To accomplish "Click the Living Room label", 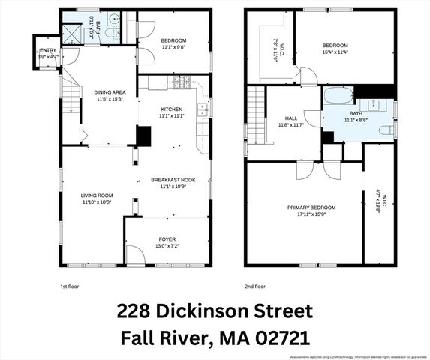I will tap(97, 195).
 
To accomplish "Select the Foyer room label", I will tap(167, 238).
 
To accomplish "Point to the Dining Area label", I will tap(110, 91).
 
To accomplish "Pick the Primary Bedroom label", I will tap(311, 207).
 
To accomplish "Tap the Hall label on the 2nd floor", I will tap(291, 118).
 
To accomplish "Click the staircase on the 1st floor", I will tap(72, 97).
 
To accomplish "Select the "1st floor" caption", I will tap(69, 286).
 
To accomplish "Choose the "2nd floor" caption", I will tap(255, 286).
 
